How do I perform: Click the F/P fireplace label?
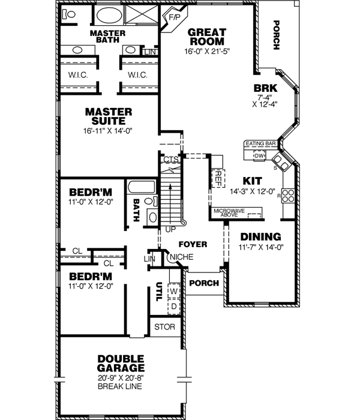(x=175, y=18)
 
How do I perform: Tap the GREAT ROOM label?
(x=207, y=37)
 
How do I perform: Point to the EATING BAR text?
(x=260, y=144)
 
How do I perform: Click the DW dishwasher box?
(x=259, y=155)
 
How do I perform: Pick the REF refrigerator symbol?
(x=218, y=177)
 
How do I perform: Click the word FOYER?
(x=193, y=244)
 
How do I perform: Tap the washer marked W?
(x=175, y=291)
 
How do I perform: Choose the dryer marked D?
(x=175, y=305)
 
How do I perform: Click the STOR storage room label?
(x=164, y=327)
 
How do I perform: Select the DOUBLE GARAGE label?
(x=121, y=364)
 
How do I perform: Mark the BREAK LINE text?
(x=121, y=386)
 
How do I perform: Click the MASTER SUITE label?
(x=109, y=116)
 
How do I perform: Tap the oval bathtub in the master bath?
(x=108, y=16)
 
